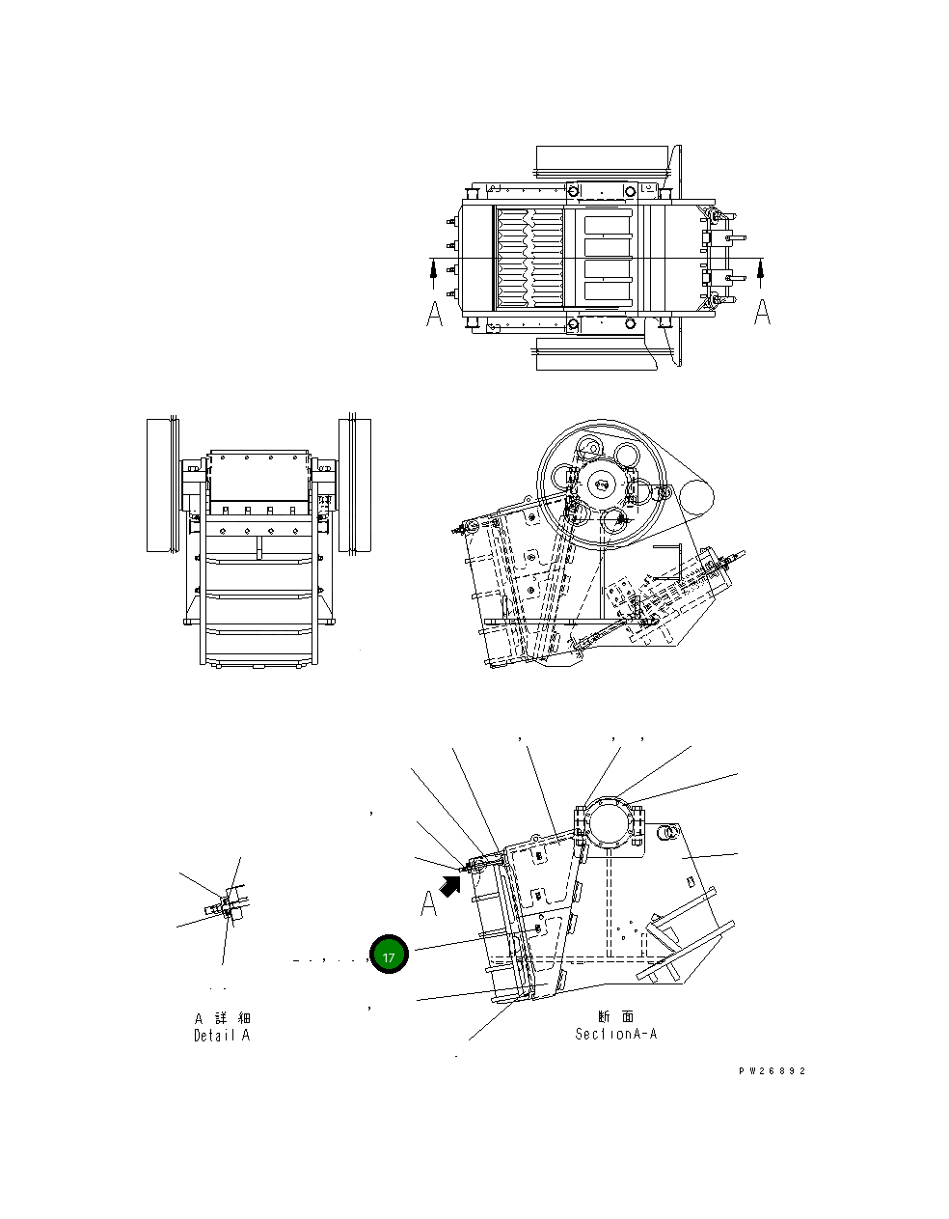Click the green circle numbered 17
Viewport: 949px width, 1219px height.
(388, 955)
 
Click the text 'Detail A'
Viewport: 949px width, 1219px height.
(222, 1036)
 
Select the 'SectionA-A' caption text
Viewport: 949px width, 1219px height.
(616, 1034)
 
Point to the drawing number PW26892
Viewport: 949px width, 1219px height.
(772, 1071)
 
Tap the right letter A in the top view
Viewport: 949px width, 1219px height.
(762, 311)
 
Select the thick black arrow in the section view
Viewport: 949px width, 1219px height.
(449, 883)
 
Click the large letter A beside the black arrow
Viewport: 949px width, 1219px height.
(428, 904)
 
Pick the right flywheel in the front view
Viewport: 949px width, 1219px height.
(355, 485)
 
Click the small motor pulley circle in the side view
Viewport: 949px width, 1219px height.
(695, 498)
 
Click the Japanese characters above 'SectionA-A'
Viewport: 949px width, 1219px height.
(615, 1016)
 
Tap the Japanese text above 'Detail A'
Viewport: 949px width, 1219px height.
(223, 1018)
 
